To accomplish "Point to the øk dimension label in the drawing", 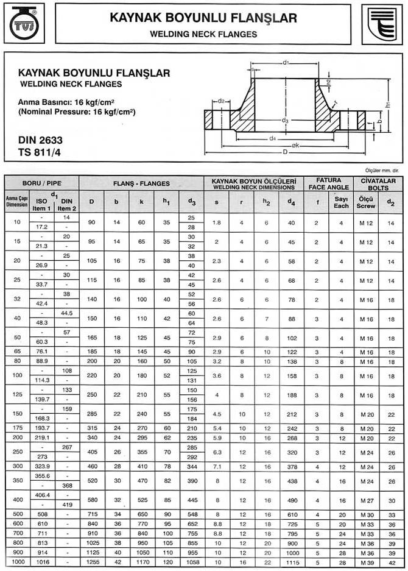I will pyautogui.click(x=295, y=145).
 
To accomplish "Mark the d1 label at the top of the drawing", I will pyautogui.click(x=285, y=63).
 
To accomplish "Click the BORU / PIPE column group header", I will pyautogui.click(x=41, y=183).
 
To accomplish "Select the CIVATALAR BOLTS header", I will pyautogui.click(x=378, y=184).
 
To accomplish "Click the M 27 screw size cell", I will pyautogui.click(x=366, y=500).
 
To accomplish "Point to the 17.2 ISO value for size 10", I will pyautogui.click(x=41, y=226).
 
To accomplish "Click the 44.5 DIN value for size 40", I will pyautogui.click(x=67, y=313).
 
